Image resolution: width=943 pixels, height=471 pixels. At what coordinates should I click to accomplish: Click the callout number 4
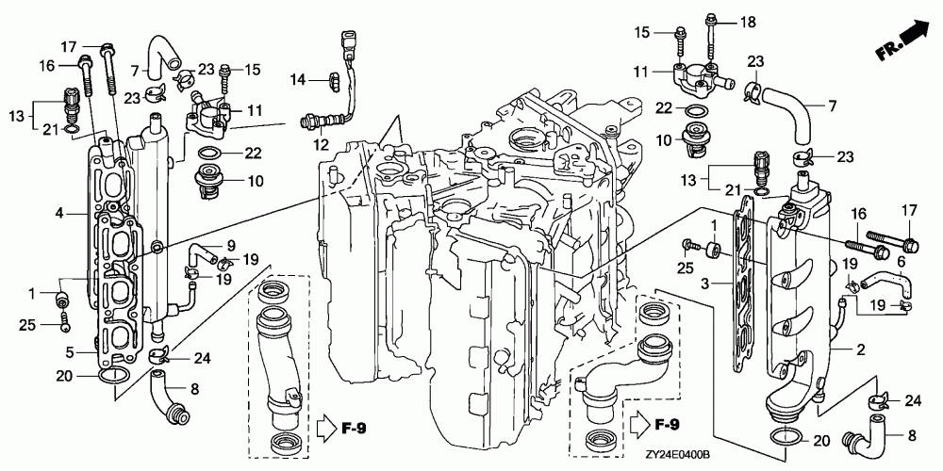pos(58,213)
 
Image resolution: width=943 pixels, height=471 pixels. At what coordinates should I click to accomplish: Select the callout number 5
pos(70,349)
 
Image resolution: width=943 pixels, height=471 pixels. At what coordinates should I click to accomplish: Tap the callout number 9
pos(231,246)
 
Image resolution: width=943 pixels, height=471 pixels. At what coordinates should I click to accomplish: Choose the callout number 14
pos(299,79)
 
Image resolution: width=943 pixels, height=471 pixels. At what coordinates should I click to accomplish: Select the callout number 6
pos(901,262)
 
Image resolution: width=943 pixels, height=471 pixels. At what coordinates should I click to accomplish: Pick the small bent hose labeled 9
pos(202,252)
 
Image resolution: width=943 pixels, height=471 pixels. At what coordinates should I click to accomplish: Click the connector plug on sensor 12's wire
pos(348,42)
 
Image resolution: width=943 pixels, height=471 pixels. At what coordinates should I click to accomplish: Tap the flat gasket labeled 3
pos(743,283)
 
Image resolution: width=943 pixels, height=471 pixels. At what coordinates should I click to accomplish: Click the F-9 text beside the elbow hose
pos(666,427)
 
